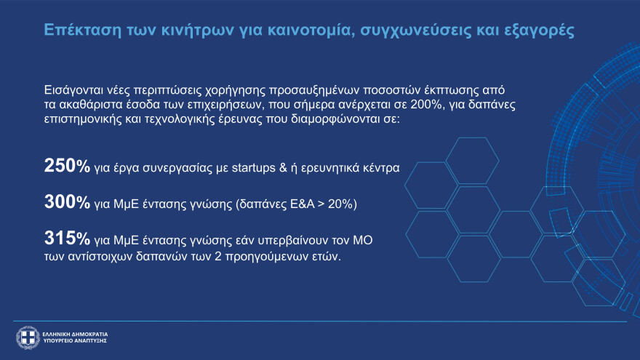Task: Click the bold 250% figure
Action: [x=67, y=166]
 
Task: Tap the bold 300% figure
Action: [x=67, y=202]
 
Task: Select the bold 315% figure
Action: [x=67, y=239]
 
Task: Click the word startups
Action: [x=254, y=168]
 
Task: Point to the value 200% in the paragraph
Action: [x=427, y=105]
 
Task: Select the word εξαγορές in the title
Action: [x=539, y=31]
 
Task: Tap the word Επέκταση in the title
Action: [x=82, y=31]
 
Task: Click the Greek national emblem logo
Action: [x=28, y=337]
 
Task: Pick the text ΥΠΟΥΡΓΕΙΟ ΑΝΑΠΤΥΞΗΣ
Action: [x=75, y=341]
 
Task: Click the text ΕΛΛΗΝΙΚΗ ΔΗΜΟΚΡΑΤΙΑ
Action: [x=75, y=335]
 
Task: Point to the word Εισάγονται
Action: [x=73, y=90]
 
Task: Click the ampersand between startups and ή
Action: [x=283, y=168]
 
